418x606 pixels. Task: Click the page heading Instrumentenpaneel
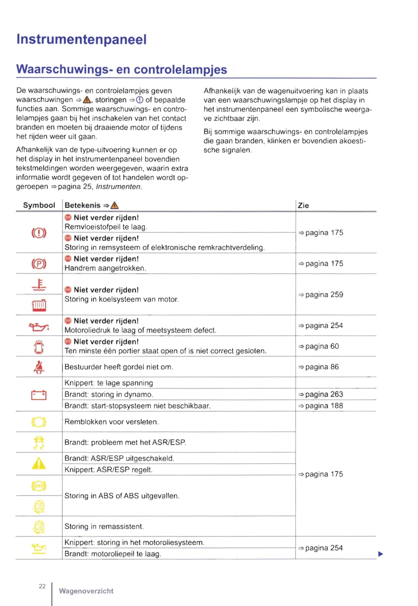(x=81, y=39)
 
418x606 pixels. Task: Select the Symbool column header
(x=39, y=205)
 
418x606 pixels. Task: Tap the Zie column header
(x=303, y=206)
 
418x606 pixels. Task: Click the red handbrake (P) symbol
(x=39, y=264)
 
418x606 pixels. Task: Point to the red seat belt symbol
(x=39, y=367)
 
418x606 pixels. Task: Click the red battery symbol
(x=39, y=395)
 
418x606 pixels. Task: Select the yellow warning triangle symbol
(x=39, y=464)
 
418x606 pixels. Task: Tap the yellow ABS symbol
(x=39, y=486)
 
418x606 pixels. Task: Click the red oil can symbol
(x=39, y=326)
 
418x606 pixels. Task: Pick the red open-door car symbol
(x=39, y=347)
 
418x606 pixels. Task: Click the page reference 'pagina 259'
(x=321, y=295)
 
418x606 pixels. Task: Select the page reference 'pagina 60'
(x=318, y=346)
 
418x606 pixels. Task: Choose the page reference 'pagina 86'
(x=318, y=367)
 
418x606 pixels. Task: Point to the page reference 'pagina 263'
(x=321, y=394)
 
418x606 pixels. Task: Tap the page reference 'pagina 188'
(x=321, y=406)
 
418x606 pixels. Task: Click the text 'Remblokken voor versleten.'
(x=111, y=422)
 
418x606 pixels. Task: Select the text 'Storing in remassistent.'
(x=104, y=526)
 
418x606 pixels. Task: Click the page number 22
(x=42, y=586)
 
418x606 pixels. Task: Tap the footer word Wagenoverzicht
(x=86, y=591)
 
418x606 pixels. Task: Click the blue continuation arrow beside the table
(x=380, y=554)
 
